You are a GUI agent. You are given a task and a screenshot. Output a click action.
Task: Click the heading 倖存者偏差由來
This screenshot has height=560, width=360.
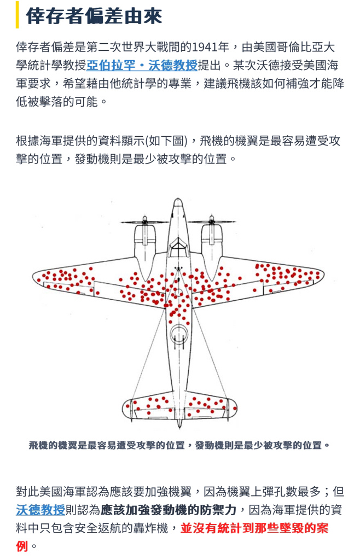(x=94, y=15)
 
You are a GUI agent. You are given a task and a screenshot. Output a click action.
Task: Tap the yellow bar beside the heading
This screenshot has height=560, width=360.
(x=17, y=15)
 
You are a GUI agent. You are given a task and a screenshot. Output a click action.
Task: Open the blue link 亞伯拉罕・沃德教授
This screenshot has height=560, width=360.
(x=142, y=66)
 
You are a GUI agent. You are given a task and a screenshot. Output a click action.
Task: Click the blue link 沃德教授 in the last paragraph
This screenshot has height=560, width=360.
(x=40, y=510)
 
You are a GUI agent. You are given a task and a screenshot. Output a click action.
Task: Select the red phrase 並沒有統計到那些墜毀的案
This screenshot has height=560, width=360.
(x=254, y=528)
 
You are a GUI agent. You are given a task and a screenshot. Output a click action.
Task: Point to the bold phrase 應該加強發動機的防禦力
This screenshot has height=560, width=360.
(x=169, y=510)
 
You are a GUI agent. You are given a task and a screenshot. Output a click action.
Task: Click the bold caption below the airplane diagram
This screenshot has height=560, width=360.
(x=179, y=445)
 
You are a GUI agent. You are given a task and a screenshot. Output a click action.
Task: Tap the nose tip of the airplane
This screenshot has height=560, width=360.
(x=178, y=199)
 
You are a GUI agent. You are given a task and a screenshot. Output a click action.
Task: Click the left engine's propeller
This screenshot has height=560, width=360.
(x=144, y=222)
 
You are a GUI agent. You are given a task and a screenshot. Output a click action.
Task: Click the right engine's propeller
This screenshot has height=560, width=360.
(x=211, y=222)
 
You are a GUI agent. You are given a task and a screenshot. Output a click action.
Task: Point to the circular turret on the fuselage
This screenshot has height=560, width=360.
(x=178, y=335)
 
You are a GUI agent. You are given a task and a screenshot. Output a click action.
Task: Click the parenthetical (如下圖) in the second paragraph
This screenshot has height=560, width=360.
(x=166, y=141)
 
